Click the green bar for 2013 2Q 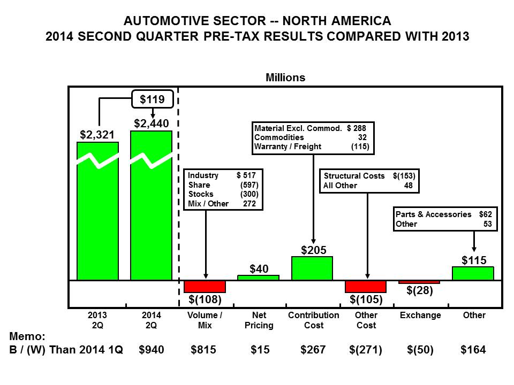(x=97, y=214)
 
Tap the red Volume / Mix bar (x=205, y=286)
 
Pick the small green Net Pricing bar (x=258, y=278)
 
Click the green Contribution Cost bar (x=312, y=268)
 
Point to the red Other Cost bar (x=366, y=286)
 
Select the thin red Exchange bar (x=419, y=282)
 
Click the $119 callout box (x=153, y=99)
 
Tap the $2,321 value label (x=98, y=134)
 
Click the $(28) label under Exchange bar (x=420, y=291)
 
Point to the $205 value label (x=312, y=250)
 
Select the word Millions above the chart (x=285, y=78)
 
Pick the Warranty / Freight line (x=312, y=147)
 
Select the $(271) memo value (x=366, y=350)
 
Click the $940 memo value (x=151, y=350)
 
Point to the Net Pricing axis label (x=259, y=320)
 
